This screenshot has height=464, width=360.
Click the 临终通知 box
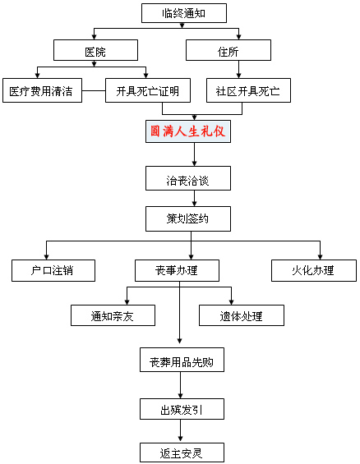tap(184, 13)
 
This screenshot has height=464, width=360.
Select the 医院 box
tap(95, 50)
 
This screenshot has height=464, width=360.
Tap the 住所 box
tap(228, 50)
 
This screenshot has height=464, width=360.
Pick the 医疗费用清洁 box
tap(43, 90)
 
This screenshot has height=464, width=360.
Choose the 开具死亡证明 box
tap(148, 90)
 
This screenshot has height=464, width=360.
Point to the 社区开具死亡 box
tap(248, 90)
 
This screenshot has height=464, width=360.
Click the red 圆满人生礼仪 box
tap(188, 131)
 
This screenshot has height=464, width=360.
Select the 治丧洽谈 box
tap(188, 178)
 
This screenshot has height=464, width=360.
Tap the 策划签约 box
tap(188, 219)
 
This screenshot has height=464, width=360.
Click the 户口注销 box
tap(53, 270)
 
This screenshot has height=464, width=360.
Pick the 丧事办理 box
tap(177, 270)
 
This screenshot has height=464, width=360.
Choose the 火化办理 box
tap(314, 270)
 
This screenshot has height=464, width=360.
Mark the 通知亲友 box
tap(113, 315)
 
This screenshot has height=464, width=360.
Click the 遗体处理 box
tap(242, 315)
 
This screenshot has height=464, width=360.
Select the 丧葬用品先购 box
tap(182, 360)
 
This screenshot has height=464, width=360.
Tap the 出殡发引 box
tap(182, 409)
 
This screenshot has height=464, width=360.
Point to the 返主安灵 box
tap(182, 453)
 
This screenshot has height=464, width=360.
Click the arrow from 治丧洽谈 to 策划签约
tap(194, 199)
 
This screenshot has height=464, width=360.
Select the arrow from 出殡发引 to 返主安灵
tap(180, 431)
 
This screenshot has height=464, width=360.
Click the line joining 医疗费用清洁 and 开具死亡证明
tap(94, 90)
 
